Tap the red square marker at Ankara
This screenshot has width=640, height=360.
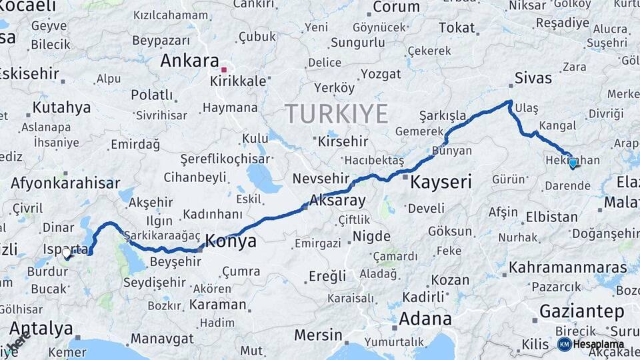225,69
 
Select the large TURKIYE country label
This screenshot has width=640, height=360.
337,114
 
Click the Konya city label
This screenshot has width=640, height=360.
231,241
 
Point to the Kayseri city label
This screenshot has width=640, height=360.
441,181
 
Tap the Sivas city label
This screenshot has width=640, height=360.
533,78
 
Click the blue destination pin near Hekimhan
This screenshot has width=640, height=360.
573,162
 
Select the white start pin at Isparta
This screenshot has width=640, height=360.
67,253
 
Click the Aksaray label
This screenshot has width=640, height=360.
338,200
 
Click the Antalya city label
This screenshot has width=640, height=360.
41,328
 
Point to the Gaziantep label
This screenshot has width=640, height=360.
581,311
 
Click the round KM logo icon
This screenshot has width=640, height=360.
564,344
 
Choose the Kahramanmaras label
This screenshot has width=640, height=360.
567,267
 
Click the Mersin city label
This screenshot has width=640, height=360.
318,335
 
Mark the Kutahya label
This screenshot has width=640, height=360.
61,107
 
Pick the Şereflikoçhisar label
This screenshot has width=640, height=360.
225,159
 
